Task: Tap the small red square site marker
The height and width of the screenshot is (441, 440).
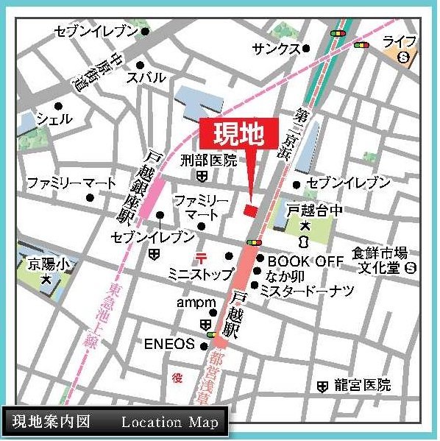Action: coord(251,211)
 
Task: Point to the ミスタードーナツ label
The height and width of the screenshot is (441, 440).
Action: coord(307,291)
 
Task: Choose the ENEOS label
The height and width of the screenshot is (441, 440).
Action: coord(169,344)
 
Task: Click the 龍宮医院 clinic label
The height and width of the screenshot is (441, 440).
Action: coord(361,385)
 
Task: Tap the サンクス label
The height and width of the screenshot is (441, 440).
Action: coord(276,49)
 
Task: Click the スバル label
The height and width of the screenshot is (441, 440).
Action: coord(146,77)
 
